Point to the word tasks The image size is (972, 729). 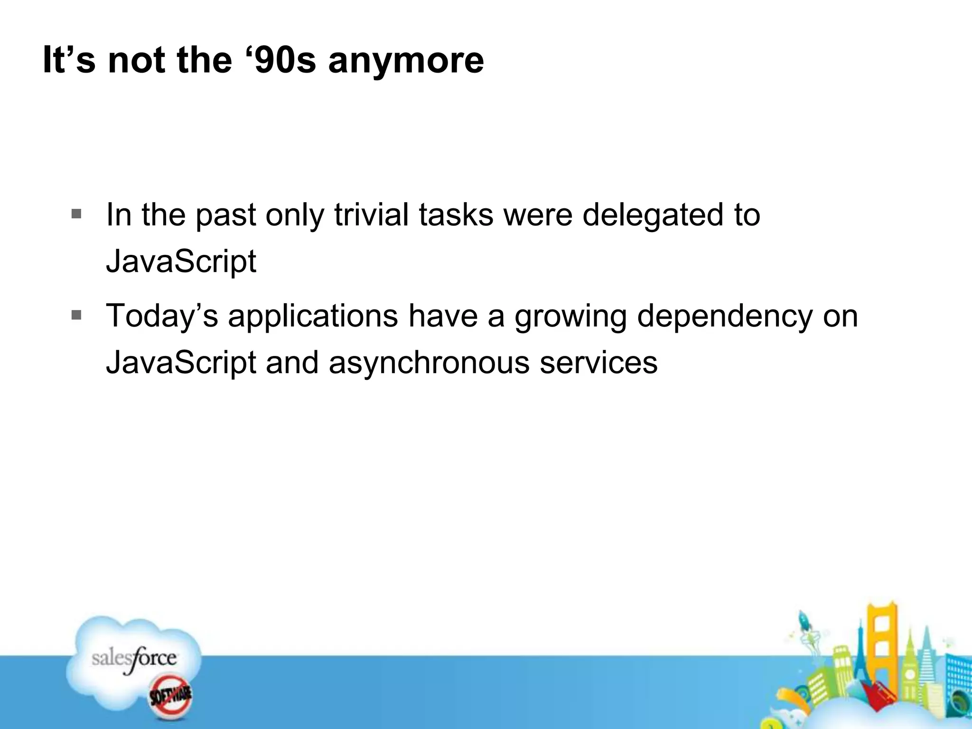point(456,215)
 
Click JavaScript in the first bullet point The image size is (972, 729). point(181,262)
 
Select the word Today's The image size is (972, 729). point(162,317)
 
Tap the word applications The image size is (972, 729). point(313,317)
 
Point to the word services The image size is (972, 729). point(598,363)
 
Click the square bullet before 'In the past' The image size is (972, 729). point(76,214)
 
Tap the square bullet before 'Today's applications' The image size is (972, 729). point(76,315)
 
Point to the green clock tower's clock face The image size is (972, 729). point(910,674)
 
